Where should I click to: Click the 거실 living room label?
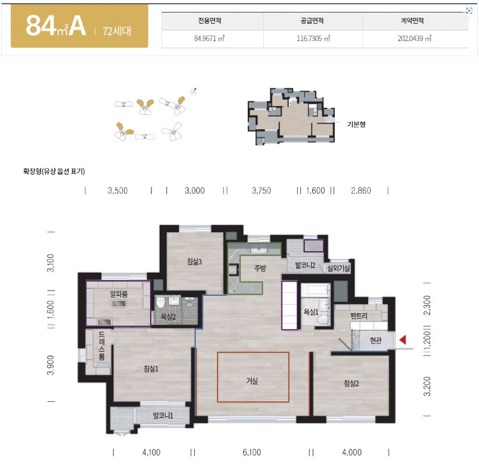coord(252,380)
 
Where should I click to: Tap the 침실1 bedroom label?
coord(151,369)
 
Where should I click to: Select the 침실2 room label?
coord(352,383)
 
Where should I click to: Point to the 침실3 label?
coord(194,261)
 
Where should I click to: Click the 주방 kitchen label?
coord(260,268)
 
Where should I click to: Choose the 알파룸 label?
coord(119,294)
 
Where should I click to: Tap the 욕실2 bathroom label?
coord(169,317)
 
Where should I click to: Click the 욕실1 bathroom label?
coord(311,312)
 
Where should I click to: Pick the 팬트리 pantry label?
coord(359,316)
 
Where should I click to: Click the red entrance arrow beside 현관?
coord(403,339)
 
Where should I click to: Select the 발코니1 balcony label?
coord(163,415)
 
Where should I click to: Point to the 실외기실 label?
coord(338,268)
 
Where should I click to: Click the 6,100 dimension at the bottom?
coord(252,452)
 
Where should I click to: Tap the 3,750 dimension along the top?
coord(261,191)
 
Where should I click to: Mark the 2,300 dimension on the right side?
coord(427,305)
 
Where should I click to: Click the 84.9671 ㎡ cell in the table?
coord(209,39)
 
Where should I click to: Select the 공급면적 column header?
coord(312,21)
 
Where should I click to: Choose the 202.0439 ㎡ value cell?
coord(414,39)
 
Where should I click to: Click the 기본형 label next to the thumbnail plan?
coord(356,124)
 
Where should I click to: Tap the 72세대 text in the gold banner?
coord(117,31)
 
